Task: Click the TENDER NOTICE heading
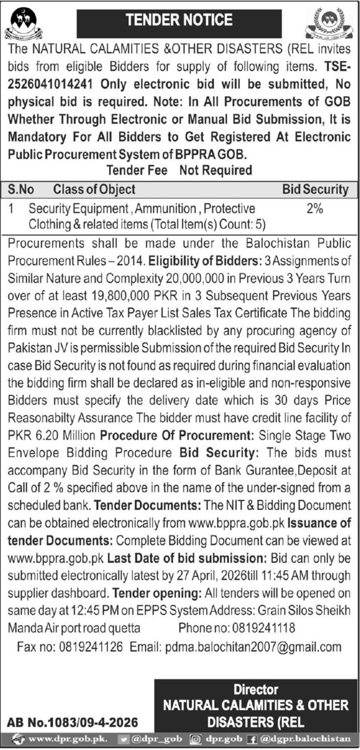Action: pyautogui.click(x=179, y=20)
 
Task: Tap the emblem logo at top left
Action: pyautogui.click(x=23, y=24)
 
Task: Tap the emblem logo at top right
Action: pyautogui.click(x=329, y=24)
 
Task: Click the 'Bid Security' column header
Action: pyautogui.click(x=315, y=189)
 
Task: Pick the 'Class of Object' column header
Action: pyautogui.click(x=94, y=189)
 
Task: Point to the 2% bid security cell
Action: pyautogui.click(x=314, y=209)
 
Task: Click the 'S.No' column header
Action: pyautogui.click(x=21, y=189)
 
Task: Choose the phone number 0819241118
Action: pyautogui.click(x=262, y=628)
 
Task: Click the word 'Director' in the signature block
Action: pyautogui.click(x=256, y=690)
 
